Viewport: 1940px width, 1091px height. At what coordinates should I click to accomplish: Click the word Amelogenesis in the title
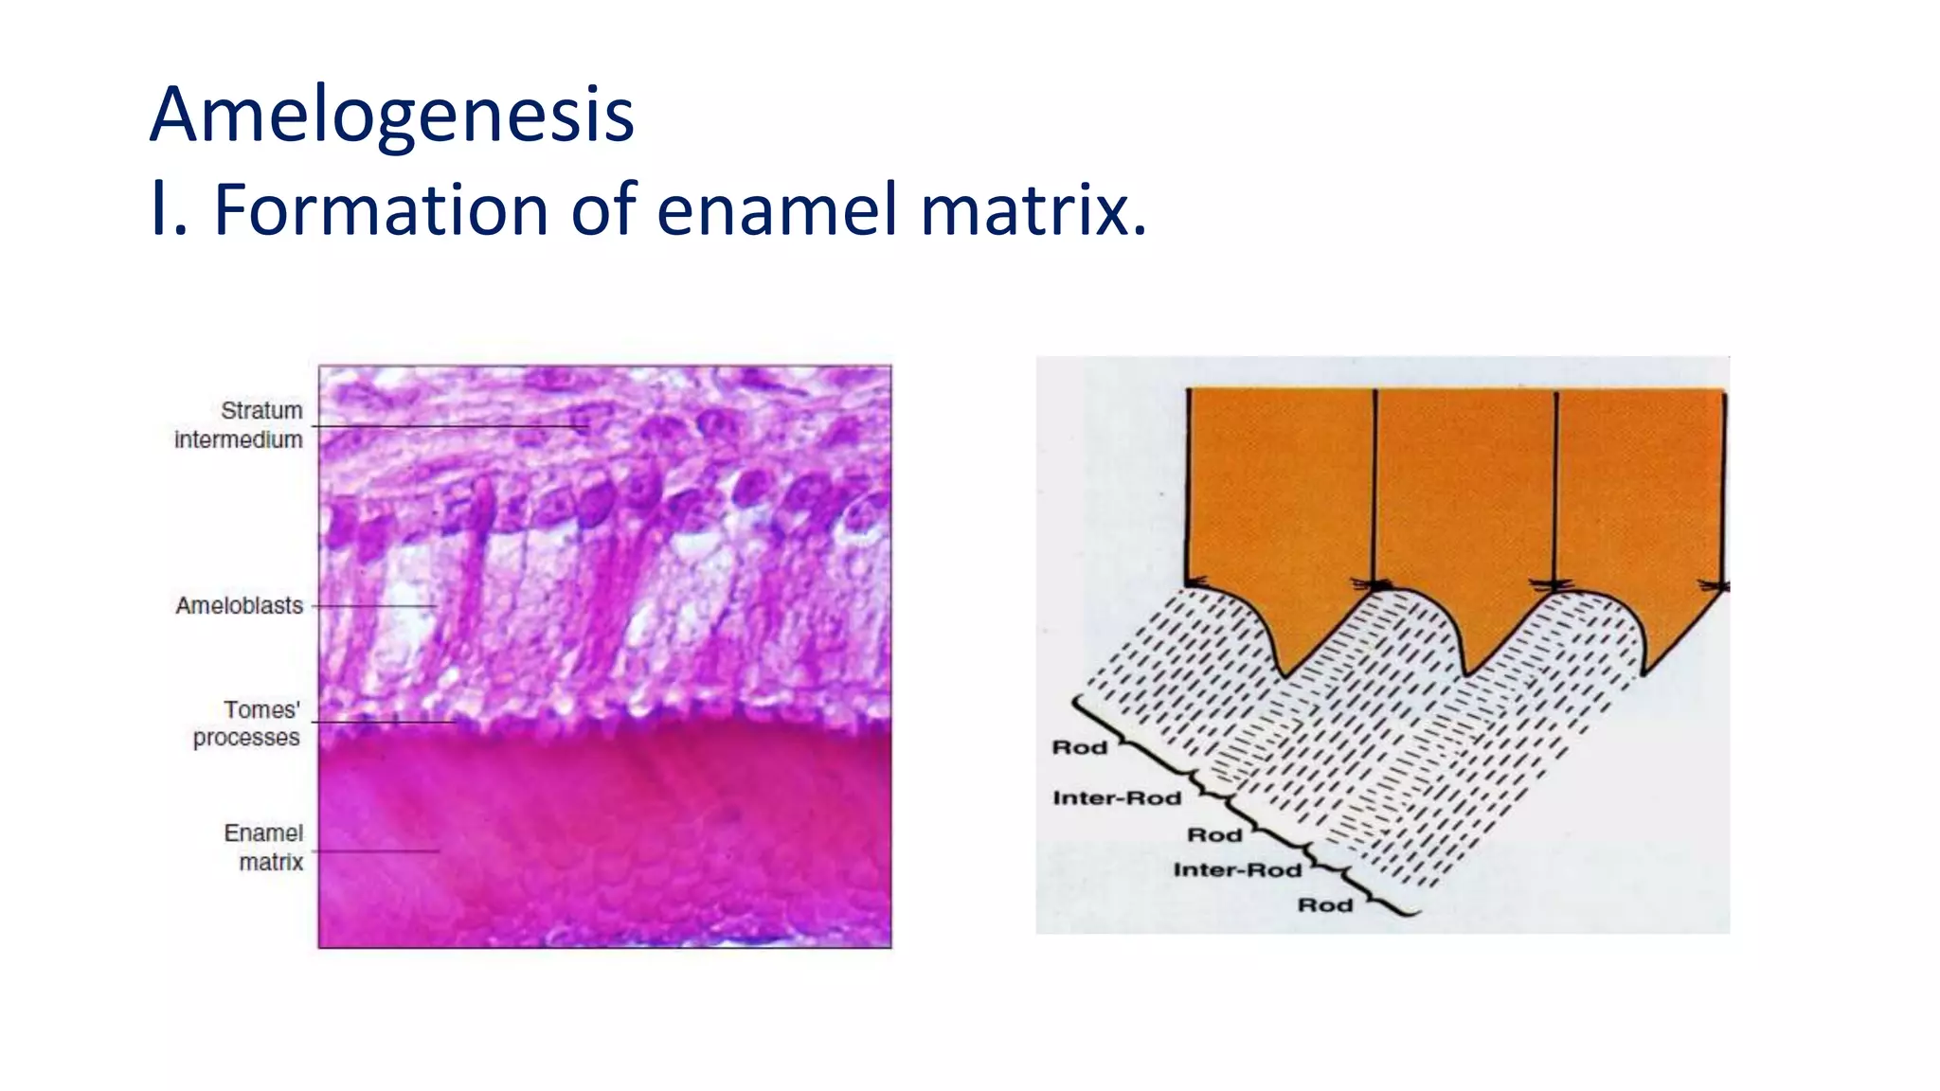click(391, 115)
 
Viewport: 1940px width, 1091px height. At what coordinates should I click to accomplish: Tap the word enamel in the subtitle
click(777, 209)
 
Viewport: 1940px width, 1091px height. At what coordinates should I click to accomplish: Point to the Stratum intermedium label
click(239, 425)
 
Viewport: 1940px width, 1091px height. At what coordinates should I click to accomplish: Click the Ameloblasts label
click(239, 606)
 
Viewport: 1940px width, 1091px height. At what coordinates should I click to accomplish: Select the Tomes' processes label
click(246, 724)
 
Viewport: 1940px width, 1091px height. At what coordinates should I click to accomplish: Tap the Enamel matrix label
click(264, 848)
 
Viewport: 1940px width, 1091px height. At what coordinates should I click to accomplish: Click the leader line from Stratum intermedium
click(450, 427)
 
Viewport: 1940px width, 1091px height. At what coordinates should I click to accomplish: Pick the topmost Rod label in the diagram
click(1080, 748)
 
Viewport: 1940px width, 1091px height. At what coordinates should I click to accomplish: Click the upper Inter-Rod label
click(1117, 798)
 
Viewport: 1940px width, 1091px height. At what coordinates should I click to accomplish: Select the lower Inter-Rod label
click(1237, 870)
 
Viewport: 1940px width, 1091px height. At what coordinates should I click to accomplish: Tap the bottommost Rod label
click(1324, 905)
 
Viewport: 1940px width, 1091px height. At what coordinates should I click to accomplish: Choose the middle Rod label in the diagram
click(1214, 835)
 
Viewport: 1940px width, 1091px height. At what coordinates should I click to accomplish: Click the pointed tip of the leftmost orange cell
click(1285, 672)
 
